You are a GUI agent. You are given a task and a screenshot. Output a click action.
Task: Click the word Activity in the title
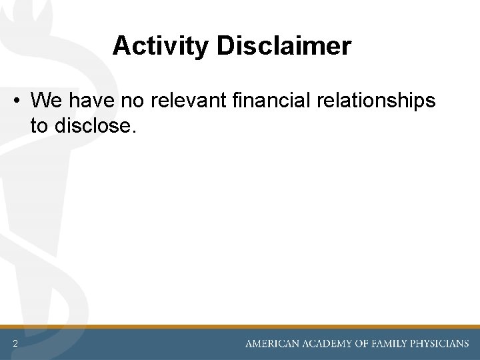coord(160,46)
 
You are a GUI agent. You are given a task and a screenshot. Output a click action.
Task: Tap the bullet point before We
coord(15,101)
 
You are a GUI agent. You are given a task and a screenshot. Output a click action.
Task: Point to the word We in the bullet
coord(45,101)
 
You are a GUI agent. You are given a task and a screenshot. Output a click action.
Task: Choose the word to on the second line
coord(39,125)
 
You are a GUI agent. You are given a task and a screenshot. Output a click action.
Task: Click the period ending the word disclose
coord(134,131)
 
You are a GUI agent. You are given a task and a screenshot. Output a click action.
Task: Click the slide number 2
coord(14,344)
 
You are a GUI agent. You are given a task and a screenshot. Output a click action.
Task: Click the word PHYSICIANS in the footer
coord(441,344)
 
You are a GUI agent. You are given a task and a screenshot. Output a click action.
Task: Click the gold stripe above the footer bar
coord(240,327)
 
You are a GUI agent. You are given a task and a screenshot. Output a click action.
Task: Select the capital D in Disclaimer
coord(225,46)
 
